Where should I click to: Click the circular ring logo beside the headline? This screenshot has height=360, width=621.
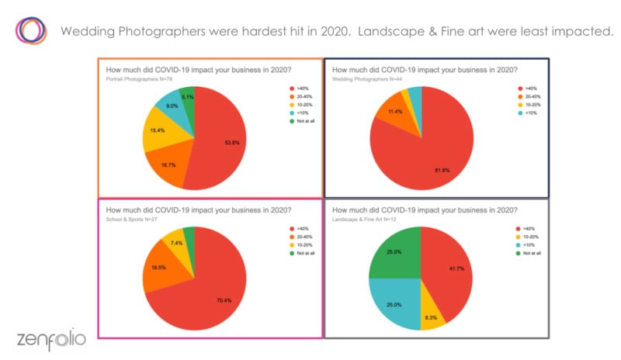tap(31, 30)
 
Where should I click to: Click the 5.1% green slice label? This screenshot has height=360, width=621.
tap(187, 98)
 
